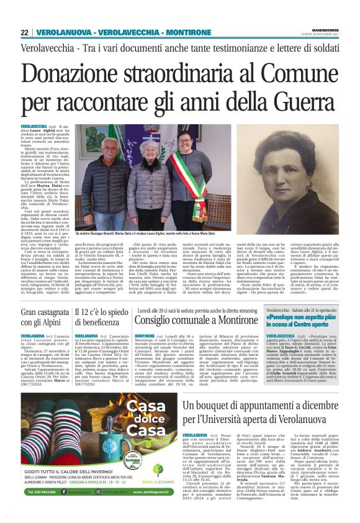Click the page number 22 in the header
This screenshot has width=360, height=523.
pos(25,32)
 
